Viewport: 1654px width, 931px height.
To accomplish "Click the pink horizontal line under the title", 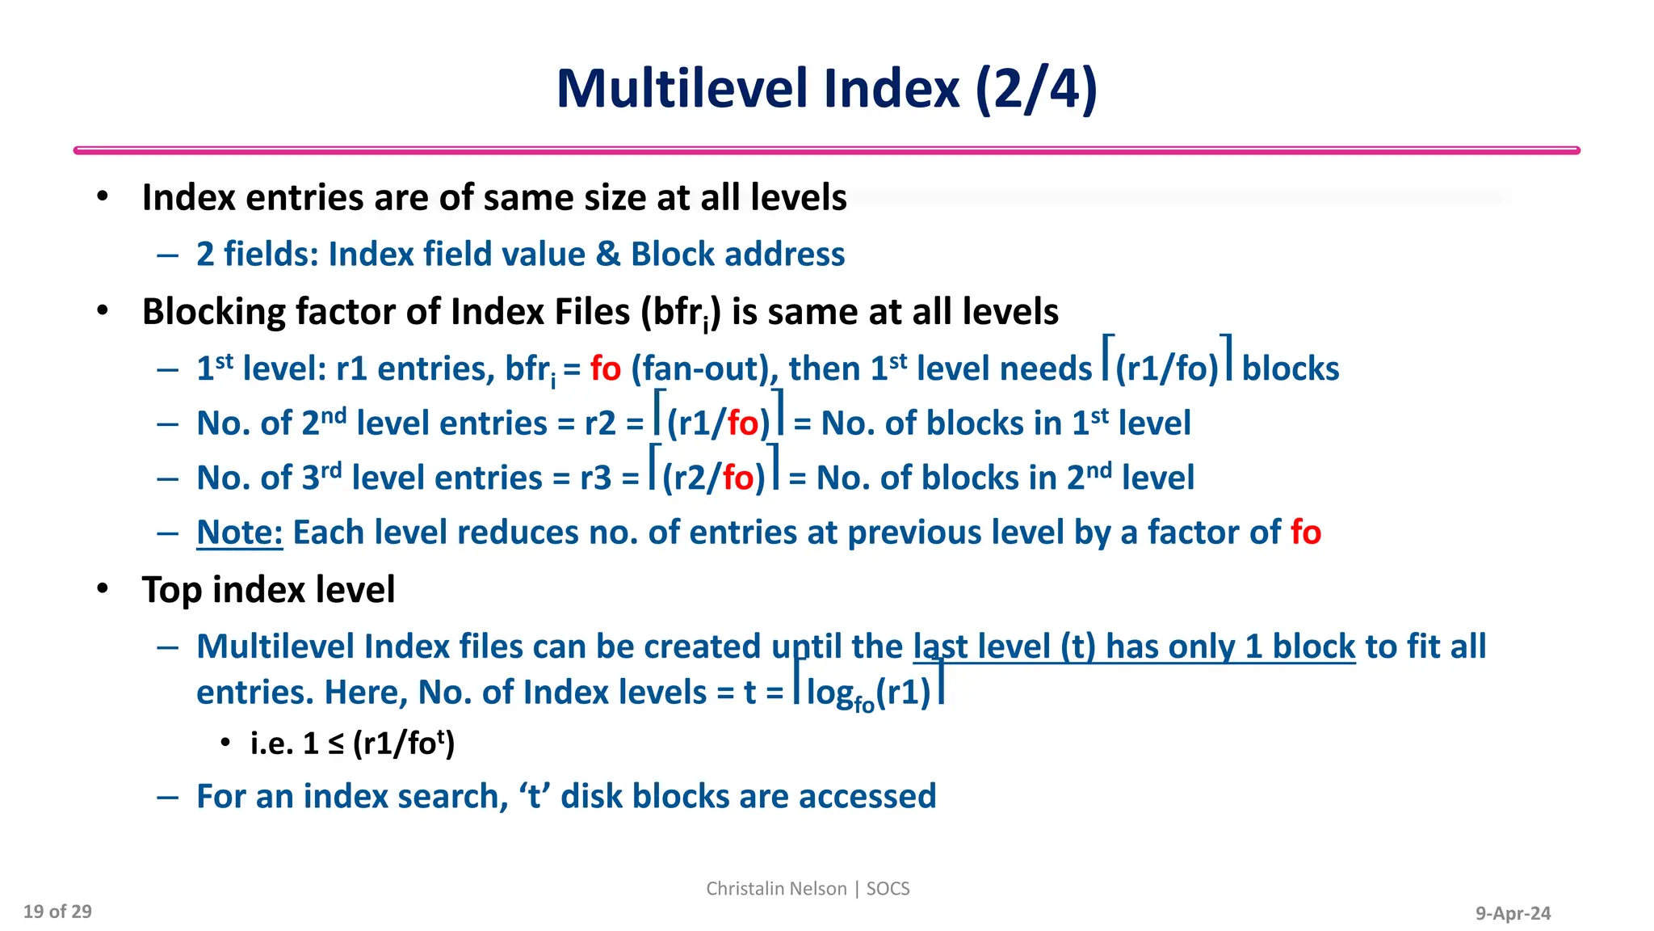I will pos(826,150).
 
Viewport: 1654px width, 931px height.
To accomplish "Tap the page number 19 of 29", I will pos(57,912).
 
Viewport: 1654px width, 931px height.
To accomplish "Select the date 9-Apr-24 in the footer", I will pos(1513,913).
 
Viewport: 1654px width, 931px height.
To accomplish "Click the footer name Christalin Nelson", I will pos(775,888).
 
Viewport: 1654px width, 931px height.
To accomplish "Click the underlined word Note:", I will pos(239,533).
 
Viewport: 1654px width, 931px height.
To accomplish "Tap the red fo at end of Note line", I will pos(1305,533).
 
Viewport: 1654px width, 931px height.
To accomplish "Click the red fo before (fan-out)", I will pos(605,369).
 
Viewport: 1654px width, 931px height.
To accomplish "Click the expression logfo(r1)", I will pos(868,693).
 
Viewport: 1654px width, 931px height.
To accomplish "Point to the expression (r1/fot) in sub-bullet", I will pos(404,743).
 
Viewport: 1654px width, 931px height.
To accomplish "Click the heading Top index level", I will pos(268,589).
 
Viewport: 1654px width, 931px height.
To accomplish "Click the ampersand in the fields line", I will pos(607,254).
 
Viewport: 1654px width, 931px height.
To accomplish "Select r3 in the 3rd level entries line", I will pos(596,478).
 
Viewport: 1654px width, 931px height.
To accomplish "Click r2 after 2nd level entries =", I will pos(600,423).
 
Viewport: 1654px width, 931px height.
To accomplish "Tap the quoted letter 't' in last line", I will pos(533,796).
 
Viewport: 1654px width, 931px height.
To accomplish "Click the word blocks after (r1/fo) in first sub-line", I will pos(1290,369).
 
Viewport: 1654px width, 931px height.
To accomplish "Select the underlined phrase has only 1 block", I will pos(1230,647).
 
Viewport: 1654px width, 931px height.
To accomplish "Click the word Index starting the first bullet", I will pos(187,197).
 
